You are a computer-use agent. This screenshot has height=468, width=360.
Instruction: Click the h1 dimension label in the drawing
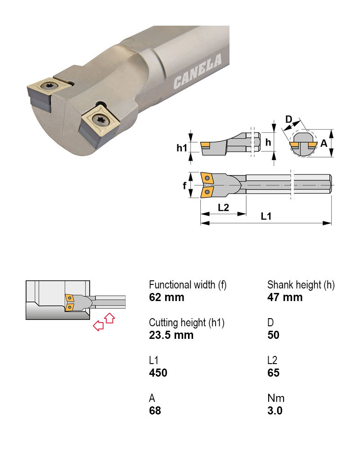[181, 147]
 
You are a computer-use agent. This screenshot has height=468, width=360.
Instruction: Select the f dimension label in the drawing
[185, 185]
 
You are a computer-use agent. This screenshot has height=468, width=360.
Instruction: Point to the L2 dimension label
[223, 207]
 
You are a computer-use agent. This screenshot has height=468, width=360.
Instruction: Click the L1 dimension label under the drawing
[266, 216]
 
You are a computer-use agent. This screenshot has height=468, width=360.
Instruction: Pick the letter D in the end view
[289, 119]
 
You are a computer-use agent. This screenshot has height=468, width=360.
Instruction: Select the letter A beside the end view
[324, 144]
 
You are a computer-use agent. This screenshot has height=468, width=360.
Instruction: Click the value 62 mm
[166, 297]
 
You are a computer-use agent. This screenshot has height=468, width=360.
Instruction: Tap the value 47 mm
[285, 297]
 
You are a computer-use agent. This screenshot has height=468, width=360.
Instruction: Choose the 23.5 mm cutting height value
[171, 335]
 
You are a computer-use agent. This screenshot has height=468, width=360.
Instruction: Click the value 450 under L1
[158, 373]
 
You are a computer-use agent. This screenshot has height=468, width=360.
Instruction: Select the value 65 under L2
[273, 373]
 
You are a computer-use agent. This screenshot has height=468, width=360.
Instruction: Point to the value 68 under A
[155, 410]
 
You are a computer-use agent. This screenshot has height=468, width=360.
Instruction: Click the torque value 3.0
[274, 410]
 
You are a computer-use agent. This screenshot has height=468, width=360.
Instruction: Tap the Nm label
[275, 398]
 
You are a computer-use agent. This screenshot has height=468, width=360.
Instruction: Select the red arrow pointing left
[98, 326]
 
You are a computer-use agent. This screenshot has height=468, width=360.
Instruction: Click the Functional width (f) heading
[188, 285]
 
